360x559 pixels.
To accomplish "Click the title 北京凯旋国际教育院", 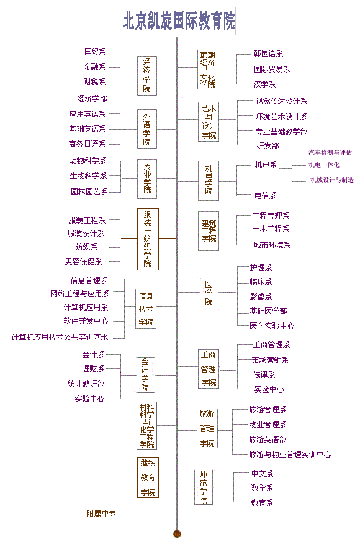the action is pyautogui.click(x=179, y=21).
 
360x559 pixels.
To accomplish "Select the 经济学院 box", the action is pyautogui.click(x=147, y=76).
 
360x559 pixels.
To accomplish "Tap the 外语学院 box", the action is pyautogui.click(x=147, y=129).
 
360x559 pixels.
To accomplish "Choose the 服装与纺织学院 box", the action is pyautogui.click(x=148, y=239).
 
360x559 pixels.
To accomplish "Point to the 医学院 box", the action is pyautogui.click(x=209, y=293).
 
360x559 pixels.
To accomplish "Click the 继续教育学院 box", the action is pyautogui.click(x=148, y=478).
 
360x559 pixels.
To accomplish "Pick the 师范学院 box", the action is pyautogui.click(x=203, y=487).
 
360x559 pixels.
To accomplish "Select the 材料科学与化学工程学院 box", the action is pyautogui.click(x=147, y=425).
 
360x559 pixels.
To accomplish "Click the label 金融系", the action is pyautogui.click(x=94, y=67).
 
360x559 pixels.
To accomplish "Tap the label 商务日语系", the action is pyautogui.click(x=88, y=144).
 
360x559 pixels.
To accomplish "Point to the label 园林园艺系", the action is pyautogui.click(x=89, y=192).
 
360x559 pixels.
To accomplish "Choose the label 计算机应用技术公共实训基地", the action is pyautogui.click(x=60, y=337).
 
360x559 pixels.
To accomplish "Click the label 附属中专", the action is pyautogui.click(x=101, y=514).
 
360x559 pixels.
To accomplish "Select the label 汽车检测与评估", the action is pyautogui.click(x=330, y=153).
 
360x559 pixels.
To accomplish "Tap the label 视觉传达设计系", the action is pyautogui.click(x=281, y=101).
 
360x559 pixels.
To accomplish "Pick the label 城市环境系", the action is pyautogui.click(x=272, y=245).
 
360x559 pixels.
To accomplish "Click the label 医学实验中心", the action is pyautogui.click(x=272, y=326).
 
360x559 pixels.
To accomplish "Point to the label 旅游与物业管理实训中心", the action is pyautogui.click(x=290, y=455).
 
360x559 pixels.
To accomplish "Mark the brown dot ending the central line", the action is pyautogui.click(x=177, y=534).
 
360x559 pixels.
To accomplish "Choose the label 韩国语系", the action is pyautogui.click(x=268, y=53).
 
